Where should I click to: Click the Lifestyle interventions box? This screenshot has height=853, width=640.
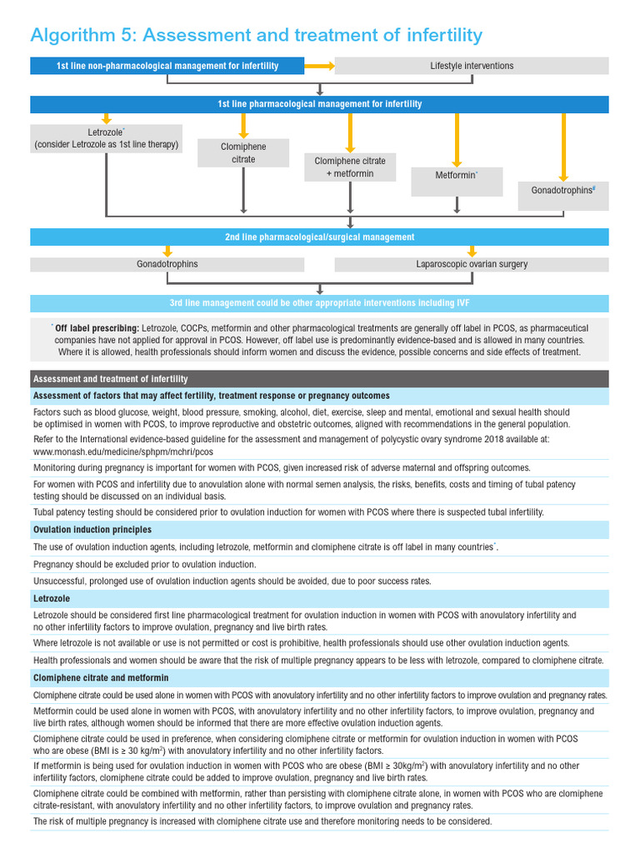472,66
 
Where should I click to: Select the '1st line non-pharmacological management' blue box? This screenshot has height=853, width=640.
167,66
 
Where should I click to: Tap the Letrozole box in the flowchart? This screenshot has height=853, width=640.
106,138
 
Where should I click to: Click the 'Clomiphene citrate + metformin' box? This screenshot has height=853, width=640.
350,167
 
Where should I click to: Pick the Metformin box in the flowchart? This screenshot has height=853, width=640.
457,177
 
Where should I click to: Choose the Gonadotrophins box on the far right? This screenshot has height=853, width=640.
563,191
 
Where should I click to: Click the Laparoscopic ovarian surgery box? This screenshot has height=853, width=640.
472,264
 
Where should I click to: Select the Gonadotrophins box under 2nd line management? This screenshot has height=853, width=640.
167,264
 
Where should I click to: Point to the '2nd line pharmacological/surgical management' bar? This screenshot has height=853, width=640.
319,237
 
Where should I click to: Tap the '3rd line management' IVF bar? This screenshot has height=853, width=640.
319,302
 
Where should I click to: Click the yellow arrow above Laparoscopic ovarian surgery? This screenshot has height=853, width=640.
472,251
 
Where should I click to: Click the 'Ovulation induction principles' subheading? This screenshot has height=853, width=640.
92,530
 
